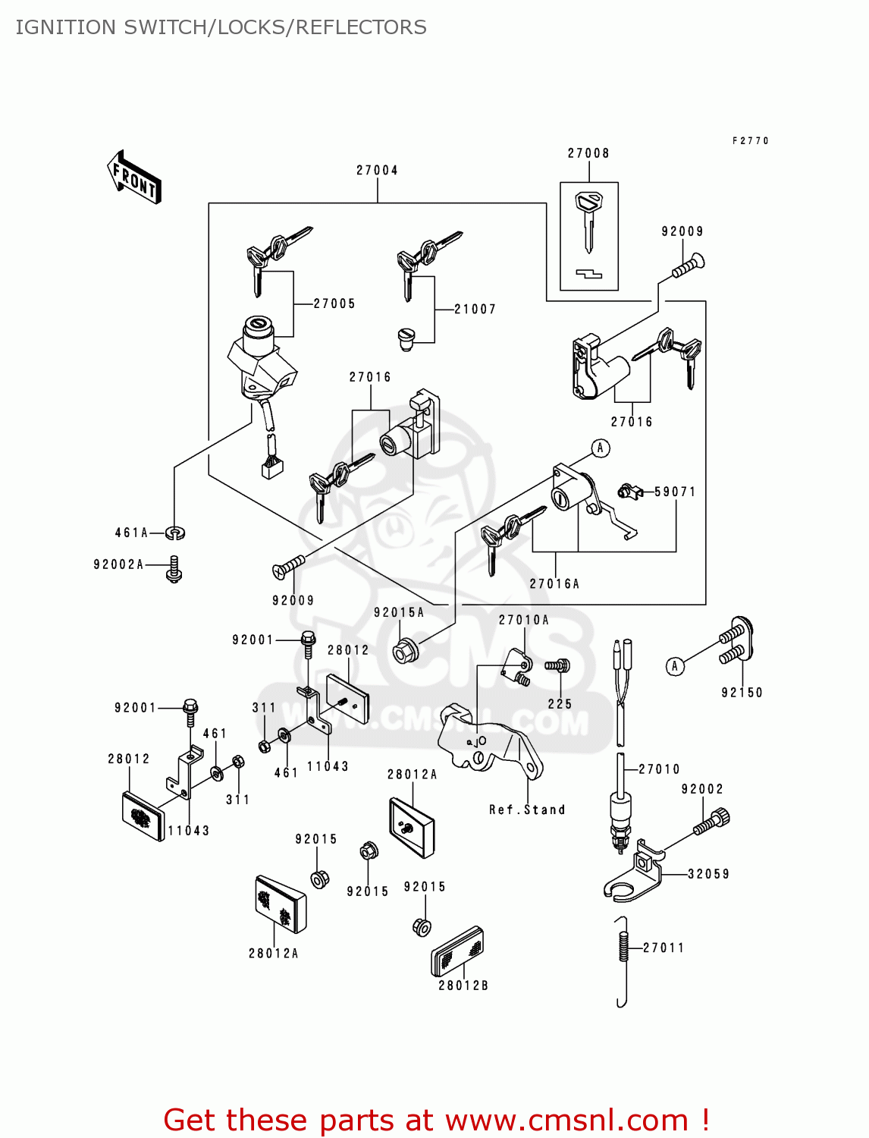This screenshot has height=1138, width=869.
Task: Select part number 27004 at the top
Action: point(377,171)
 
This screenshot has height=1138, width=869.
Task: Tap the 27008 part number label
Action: point(588,153)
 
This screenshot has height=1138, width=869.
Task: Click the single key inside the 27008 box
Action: point(588,220)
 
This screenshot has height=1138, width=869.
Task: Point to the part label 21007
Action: point(475,310)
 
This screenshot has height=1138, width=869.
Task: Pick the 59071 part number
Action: point(675,492)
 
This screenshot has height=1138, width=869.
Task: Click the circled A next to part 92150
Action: point(675,666)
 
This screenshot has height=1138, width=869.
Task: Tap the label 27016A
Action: point(554,583)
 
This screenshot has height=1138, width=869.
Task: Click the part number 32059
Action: point(708,874)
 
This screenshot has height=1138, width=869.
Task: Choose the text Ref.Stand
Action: point(527,809)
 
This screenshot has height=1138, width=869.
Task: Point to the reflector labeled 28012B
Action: point(458,951)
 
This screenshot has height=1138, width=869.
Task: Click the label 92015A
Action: point(399,612)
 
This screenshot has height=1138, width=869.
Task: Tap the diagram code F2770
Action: point(750,141)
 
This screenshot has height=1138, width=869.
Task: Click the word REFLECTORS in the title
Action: point(361,27)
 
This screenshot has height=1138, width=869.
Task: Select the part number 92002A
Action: point(118,564)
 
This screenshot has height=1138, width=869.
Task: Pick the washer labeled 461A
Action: point(175,533)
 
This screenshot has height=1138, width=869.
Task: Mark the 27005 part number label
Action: point(334,303)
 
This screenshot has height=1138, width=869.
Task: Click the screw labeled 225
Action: point(558,666)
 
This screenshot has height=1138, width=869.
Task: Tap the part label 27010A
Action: point(523,620)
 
